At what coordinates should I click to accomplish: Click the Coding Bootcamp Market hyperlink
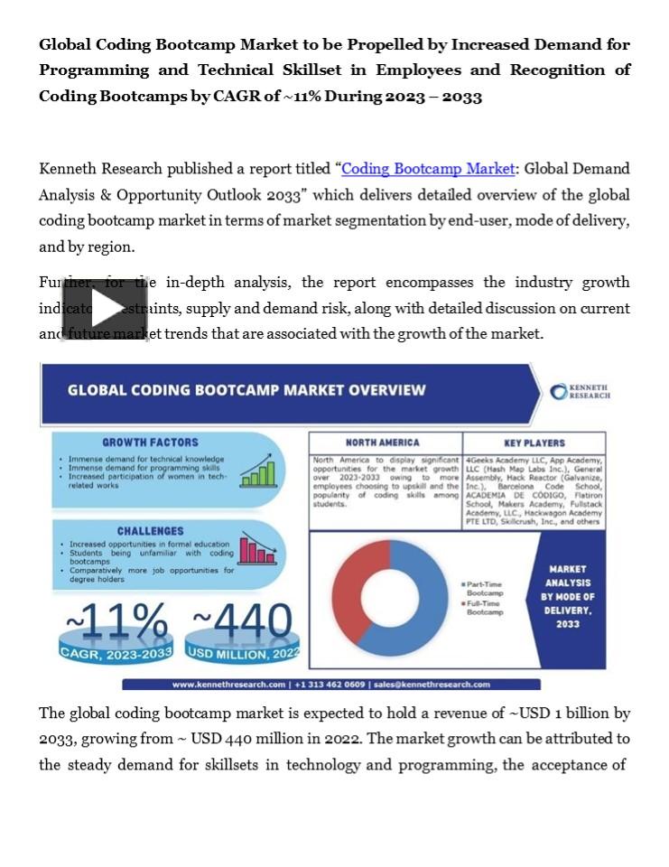(428, 169)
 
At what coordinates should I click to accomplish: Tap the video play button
(104, 308)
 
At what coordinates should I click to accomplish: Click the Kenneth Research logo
(581, 391)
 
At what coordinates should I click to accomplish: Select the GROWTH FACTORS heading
(150, 443)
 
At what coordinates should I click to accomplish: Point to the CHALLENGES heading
(150, 531)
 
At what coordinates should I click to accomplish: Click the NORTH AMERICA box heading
(382, 443)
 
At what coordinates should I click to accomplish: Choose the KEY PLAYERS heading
(534, 443)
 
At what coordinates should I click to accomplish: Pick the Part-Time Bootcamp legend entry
(484, 589)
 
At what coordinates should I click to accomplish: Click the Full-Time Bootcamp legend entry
(484, 607)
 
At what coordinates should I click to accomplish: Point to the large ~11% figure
(116, 622)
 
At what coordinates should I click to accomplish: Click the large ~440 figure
(242, 622)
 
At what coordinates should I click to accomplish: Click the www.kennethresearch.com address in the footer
(228, 685)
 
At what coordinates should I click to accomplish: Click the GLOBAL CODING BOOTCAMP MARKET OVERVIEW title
(246, 390)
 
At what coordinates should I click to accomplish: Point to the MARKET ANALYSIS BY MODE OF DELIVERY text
(568, 597)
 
